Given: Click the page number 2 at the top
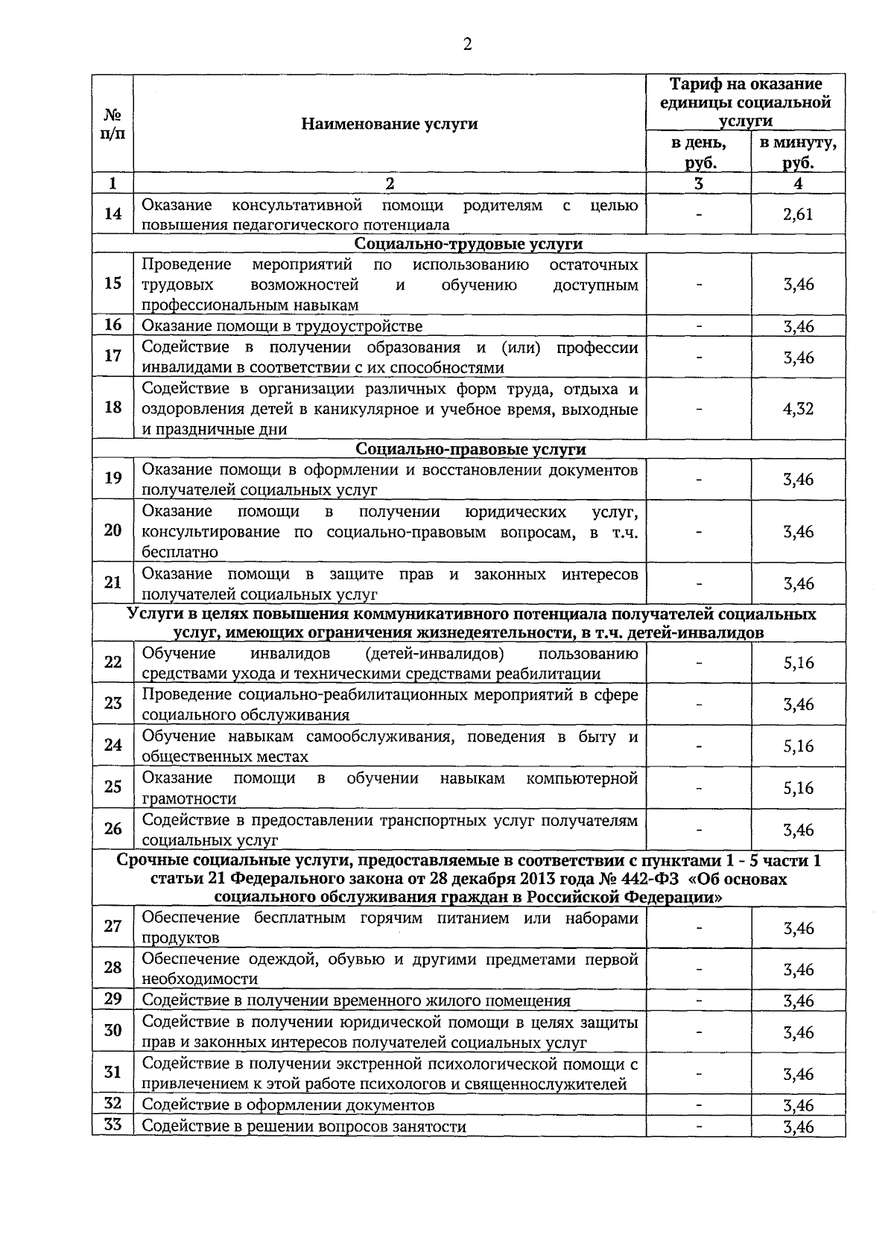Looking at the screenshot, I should point(467,45).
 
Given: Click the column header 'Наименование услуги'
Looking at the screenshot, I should point(389,124).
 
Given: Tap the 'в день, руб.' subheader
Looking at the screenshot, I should point(698,153).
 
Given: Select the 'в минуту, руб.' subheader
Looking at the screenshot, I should point(798,153).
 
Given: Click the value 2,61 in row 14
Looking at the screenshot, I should point(798,215).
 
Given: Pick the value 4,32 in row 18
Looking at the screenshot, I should point(798,409).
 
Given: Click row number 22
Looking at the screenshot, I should point(112,661).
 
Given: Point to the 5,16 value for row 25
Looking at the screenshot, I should point(798,788).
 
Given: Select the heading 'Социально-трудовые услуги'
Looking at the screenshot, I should point(469,244).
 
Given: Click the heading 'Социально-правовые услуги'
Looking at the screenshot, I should point(470,449).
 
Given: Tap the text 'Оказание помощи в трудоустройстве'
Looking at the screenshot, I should point(282,326).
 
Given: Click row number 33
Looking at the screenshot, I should point(112,1125).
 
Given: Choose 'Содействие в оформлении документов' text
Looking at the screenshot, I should point(288,1105).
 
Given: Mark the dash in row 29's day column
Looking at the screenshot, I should point(698,1000).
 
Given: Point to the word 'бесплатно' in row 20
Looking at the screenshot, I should point(180,552).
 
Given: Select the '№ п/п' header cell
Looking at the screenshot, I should point(112,124).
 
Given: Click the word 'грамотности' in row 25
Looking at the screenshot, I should point(189,798).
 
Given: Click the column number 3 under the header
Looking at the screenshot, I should point(698,183).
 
